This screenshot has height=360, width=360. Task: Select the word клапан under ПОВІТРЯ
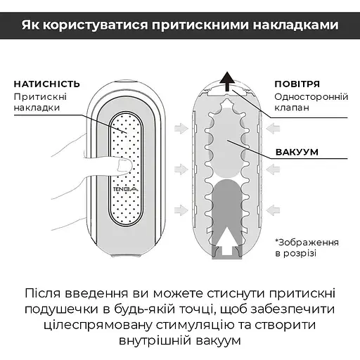click(292, 108)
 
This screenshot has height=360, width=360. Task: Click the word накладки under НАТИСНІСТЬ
click(37, 108)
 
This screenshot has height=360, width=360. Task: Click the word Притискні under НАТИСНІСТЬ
click(41, 96)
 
